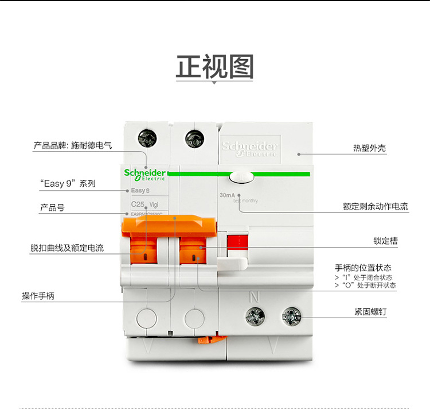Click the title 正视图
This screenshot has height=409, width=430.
[214, 67]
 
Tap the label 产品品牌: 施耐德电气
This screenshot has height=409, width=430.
[72, 146]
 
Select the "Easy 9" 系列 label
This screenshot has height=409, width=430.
[68, 184]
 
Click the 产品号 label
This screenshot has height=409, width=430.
[52, 207]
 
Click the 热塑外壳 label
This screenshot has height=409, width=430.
[369, 148]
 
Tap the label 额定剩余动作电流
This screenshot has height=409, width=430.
[376, 206]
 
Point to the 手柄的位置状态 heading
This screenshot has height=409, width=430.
[363, 268]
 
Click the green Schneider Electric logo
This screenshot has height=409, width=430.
[145, 174]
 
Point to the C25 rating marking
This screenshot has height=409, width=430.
[138, 204]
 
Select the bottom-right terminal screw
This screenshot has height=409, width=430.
[291, 315]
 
